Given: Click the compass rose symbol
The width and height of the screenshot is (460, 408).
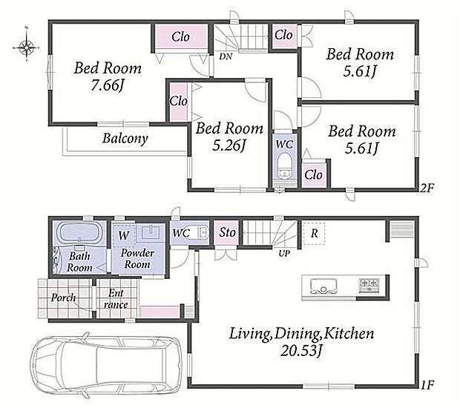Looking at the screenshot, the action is coord(26,47).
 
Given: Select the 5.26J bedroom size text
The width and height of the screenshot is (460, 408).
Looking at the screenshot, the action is coord(229,145).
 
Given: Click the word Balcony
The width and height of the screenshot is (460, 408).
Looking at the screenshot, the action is coord(125,138).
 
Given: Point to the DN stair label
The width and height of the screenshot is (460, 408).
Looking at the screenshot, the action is coord(226,56).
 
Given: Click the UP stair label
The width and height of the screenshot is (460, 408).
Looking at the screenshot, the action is coord(284,254).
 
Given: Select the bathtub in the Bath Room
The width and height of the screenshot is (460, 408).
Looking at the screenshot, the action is coord(79,233).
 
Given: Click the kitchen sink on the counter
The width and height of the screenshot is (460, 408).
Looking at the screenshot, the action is coord(323,286).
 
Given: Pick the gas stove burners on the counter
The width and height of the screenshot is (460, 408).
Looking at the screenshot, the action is coord(369,285).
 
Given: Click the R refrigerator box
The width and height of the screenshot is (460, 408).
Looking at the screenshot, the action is coord(314,233).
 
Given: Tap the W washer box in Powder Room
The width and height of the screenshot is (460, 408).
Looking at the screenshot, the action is coord(124,235).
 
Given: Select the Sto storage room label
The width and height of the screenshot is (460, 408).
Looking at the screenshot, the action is coord(227,233).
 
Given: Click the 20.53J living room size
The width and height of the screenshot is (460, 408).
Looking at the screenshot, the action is coord(301,350).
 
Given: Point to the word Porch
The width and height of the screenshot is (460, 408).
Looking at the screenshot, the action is coord(63,297).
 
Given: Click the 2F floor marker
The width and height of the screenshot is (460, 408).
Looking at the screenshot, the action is coord(427,188).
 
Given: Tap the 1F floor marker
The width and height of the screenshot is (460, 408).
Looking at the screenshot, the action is coord(427,384).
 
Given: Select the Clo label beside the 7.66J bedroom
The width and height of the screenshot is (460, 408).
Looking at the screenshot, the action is coord(180,37).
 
